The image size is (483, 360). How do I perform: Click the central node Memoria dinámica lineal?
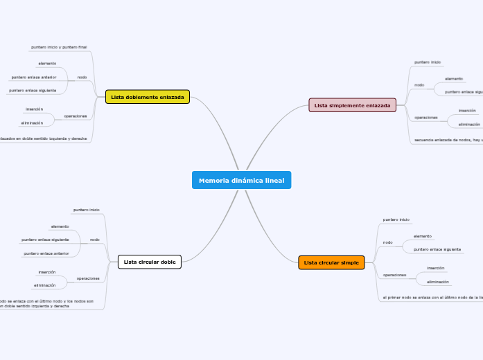(x=241, y=181)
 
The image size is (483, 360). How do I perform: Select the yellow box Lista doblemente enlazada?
(x=148, y=97)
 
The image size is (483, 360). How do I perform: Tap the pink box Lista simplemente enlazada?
(x=352, y=105)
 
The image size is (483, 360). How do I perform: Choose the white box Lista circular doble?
(x=150, y=262)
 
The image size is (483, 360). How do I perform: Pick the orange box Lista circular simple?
(x=331, y=262)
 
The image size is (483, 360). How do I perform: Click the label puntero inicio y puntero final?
(x=59, y=47)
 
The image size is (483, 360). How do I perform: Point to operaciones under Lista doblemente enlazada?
(x=76, y=116)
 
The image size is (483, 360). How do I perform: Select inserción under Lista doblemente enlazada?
(x=35, y=109)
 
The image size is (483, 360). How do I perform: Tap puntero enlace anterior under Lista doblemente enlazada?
(x=34, y=78)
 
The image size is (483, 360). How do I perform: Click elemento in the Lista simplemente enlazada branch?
(x=454, y=79)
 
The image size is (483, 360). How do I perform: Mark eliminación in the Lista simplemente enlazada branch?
(x=468, y=125)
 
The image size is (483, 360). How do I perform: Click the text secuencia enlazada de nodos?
(x=448, y=140)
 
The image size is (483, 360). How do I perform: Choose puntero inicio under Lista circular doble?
(x=86, y=209)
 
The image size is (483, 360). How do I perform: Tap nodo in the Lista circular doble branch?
(x=95, y=240)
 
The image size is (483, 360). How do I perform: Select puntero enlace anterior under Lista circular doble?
(x=46, y=253)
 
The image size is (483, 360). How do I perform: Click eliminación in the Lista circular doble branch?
(x=45, y=285)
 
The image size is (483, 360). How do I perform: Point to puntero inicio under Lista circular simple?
(x=396, y=219)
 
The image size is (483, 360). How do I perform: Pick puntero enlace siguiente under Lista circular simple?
(x=437, y=249)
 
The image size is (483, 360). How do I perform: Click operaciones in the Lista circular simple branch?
(x=394, y=275)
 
